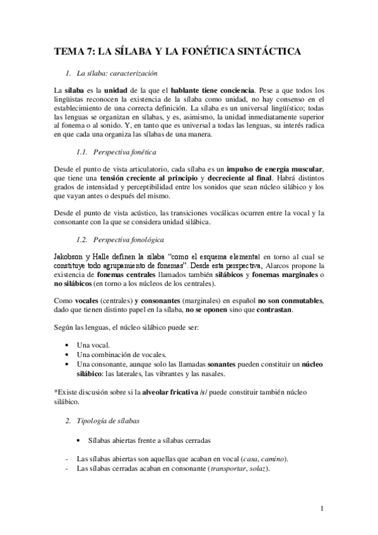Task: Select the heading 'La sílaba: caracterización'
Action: pyautogui.click(x=121, y=73)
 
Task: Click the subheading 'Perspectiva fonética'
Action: pyautogui.click(x=125, y=153)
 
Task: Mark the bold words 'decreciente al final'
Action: pyautogui.click(x=235, y=179)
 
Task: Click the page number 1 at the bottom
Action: pyautogui.click(x=322, y=508)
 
